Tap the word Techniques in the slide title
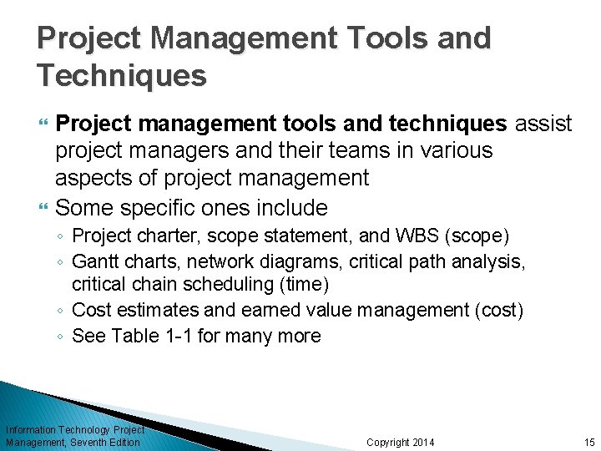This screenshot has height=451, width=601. click(x=122, y=76)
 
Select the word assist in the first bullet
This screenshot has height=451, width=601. click(x=543, y=124)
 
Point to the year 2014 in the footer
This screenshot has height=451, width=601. click(x=423, y=442)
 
